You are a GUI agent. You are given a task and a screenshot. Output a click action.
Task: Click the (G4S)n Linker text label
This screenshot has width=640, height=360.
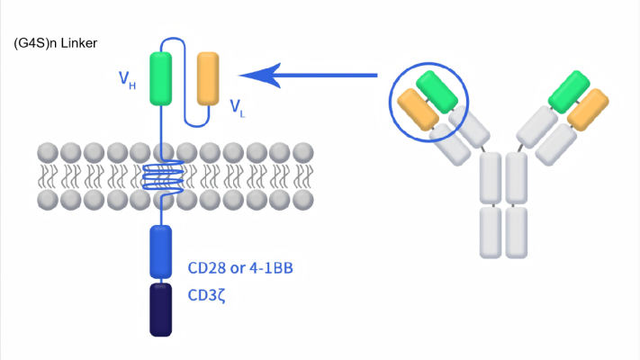56,43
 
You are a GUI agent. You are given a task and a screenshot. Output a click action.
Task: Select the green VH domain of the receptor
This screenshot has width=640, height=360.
161,79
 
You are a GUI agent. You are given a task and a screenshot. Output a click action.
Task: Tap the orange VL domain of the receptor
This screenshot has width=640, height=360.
208,79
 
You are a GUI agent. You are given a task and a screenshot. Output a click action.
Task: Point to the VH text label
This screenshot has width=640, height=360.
127,80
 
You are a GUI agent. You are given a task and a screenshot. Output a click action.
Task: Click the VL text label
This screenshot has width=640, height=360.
237,108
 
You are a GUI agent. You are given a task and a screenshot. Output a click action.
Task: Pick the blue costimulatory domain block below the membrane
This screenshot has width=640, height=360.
161,252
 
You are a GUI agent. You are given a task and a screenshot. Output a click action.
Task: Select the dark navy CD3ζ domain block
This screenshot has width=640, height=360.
161,310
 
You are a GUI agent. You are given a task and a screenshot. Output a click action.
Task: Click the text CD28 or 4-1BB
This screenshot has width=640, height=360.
240,268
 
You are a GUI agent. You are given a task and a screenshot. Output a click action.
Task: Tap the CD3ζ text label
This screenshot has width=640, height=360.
206,295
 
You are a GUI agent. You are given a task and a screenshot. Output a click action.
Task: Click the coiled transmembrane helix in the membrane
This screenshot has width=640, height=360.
163,175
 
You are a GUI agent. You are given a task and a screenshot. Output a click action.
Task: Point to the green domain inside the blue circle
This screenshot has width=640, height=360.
437,92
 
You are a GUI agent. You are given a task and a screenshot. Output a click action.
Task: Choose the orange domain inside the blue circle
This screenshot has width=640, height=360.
418,110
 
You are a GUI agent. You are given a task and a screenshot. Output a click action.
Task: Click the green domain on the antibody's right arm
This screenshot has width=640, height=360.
569,92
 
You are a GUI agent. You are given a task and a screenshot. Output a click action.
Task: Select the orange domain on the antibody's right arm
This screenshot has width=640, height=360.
588,110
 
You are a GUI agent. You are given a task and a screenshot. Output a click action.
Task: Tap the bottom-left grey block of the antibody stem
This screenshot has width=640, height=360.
491,233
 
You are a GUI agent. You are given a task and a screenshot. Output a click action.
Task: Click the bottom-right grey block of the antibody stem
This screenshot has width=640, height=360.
517,233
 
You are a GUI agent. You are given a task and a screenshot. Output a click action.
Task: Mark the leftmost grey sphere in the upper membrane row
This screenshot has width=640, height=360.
48,153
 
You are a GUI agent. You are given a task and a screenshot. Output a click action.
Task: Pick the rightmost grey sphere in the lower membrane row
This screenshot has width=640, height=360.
302,200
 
